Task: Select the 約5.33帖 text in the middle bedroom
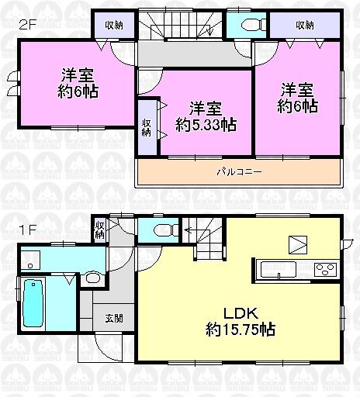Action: point(206,123)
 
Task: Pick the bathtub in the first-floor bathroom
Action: point(33,302)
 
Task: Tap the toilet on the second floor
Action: point(247,24)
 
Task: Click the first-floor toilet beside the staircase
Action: point(161,230)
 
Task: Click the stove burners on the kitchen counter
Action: point(324,269)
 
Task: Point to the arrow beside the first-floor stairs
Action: point(188,229)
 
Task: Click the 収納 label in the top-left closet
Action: point(115,24)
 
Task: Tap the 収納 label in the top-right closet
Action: point(304,24)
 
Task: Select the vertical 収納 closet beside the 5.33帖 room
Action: point(147,126)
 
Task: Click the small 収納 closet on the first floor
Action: point(99,229)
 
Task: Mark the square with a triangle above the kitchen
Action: point(299,245)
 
